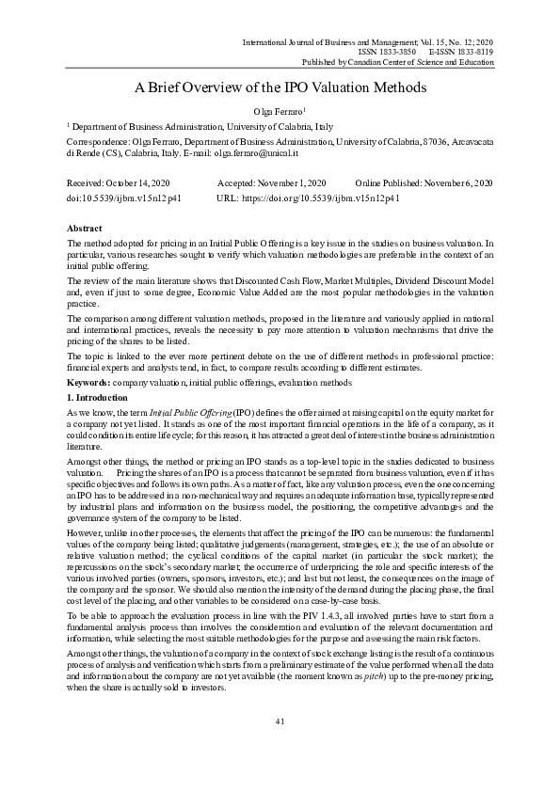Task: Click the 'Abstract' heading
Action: pos(84,229)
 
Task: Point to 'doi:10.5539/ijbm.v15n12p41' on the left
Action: pos(123,199)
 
